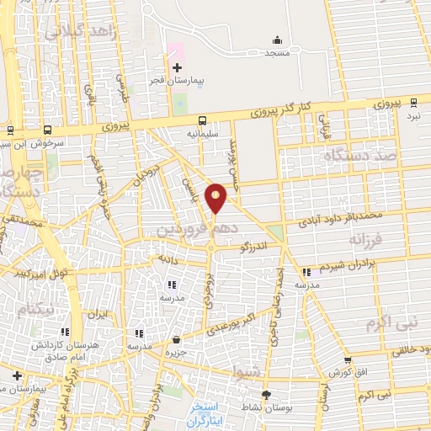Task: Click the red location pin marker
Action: click(216, 197)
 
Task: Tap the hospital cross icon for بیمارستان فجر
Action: click(177, 67)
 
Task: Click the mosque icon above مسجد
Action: click(278, 39)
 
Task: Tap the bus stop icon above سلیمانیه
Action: click(203, 120)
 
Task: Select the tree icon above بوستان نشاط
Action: click(267, 395)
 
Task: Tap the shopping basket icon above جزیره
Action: click(175, 340)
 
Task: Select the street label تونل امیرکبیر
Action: click(40, 274)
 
